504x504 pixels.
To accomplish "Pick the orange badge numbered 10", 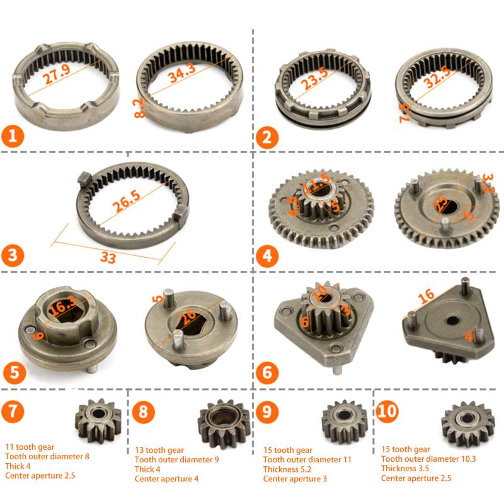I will pyautogui.click(x=389, y=412).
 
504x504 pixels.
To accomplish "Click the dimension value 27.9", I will pyautogui.click(x=57, y=79).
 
